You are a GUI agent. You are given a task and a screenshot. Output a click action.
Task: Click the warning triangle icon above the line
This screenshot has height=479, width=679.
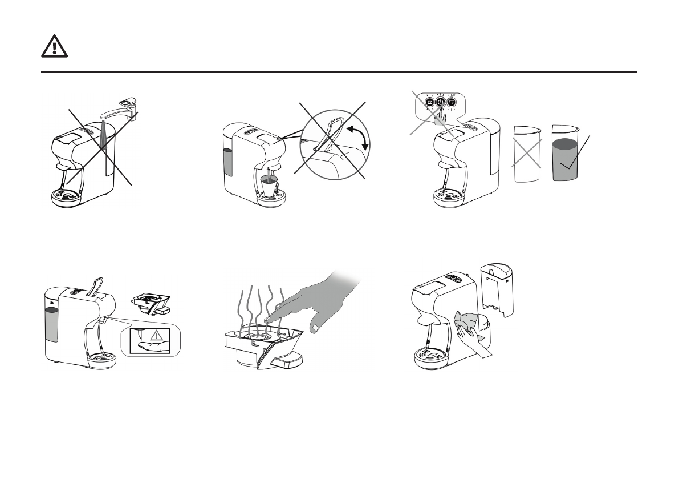[x=54, y=46]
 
